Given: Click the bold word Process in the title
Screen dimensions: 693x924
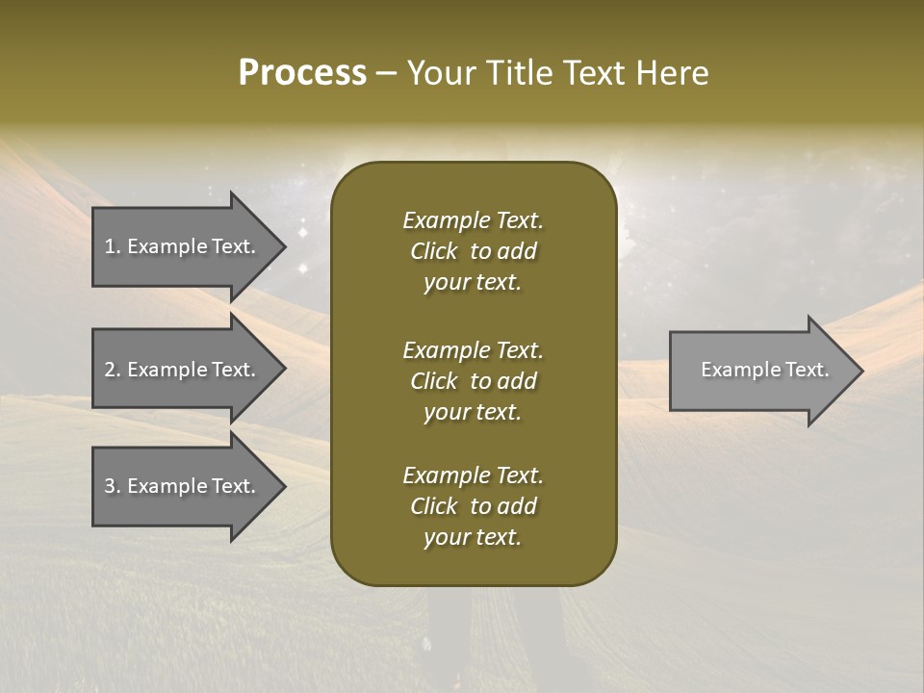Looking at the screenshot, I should (x=302, y=73).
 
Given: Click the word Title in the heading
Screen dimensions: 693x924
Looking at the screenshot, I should (x=516, y=73).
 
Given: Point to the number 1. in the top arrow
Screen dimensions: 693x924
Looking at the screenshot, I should (x=113, y=246).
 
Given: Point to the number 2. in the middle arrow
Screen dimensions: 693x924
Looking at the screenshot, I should (x=113, y=370).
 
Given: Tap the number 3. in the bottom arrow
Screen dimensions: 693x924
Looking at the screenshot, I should (x=113, y=486).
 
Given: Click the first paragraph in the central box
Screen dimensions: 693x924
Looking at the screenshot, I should (x=473, y=251).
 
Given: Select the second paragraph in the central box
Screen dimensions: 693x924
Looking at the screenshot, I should (x=473, y=381).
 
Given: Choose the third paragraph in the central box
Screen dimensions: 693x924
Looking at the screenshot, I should (x=473, y=506).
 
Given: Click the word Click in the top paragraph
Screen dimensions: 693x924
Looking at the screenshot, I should (x=433, y=251).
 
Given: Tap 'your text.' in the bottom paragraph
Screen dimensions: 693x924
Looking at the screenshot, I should (x=473, y=538).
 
